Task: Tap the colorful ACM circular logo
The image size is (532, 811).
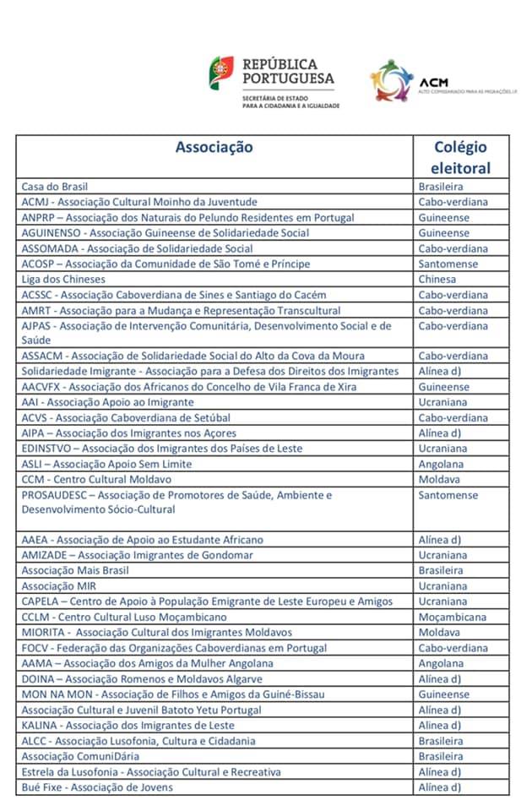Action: pyautogui.click(x=392, y=80)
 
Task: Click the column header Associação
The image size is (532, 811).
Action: pyautogui.click(x=214, y=147)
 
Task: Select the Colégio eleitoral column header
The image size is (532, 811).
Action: pyautogui.click(x=460, y=156)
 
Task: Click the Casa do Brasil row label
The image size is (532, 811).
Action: pyautogui.click(x=55, y=187)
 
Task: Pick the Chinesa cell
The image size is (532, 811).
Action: pyautogui.click(x=437, y=280)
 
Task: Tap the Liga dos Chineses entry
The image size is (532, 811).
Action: pyautogui.click(x=63, y=280)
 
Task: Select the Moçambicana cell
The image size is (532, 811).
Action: pyautogui.click(x=452, y=618)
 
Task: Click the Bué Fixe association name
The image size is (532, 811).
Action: pyautogui.click(x=97, y=787)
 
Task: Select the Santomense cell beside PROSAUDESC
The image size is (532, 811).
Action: pyautogui.click(x=448, y=495)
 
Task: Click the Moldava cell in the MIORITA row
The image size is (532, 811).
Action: pyautogui.click(x=439, y=633)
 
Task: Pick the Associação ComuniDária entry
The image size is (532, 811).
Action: pyautogui.click(x=80, y=757)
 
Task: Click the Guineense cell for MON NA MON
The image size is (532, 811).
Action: pyautogui.click(x=444, y=694)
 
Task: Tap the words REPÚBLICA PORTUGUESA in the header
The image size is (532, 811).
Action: pyautogui.click(x=288, y=71)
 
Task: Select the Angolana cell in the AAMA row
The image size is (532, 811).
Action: pyautogui.click(x=441, y=664)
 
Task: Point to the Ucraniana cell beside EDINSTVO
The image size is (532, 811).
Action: pyautogui.click(x=442, y=449)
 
